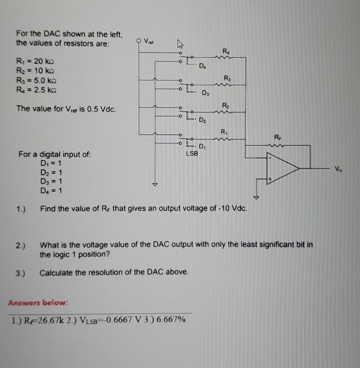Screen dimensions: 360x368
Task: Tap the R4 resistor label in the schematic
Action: [x=227, y=51]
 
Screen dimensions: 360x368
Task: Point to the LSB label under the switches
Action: [x=191, y=154]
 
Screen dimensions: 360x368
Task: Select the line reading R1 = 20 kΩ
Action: [x=35, y=61]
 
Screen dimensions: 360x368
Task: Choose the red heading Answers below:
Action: [x=38, y=303]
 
